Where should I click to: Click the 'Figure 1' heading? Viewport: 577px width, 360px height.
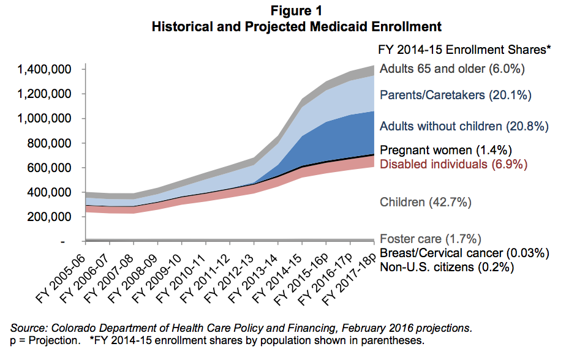296,11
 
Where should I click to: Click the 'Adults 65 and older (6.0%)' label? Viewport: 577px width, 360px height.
452,69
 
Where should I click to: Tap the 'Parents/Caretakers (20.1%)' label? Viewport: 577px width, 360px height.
455,96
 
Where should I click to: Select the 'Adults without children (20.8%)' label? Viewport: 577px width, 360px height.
464,127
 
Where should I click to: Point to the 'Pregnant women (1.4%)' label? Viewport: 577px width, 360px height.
445,150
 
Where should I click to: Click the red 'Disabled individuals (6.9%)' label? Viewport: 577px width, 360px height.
453,163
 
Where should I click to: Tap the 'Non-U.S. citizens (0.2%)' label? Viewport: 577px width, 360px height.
447,267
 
